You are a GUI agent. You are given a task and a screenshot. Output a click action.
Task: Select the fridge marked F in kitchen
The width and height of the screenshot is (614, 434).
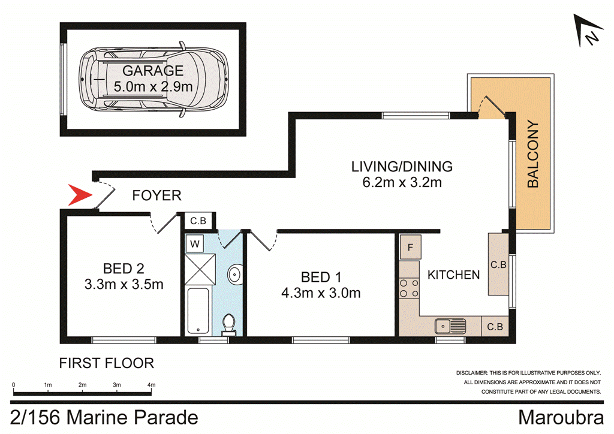tap(411, 247)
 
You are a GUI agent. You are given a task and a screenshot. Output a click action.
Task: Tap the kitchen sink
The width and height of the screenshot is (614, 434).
tap(450, 326)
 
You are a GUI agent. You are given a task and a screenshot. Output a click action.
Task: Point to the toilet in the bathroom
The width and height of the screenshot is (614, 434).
tap(228, 324)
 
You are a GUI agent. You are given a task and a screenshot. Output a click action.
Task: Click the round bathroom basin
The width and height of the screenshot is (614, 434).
tap(234, 275)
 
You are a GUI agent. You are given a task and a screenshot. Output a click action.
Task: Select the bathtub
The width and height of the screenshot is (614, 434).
tap(198, 311)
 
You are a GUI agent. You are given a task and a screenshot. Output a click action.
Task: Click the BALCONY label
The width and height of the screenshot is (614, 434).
tap(532, 155)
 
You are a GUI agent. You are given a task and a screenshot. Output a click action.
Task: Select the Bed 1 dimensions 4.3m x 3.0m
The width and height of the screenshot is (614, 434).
tap(321, 293)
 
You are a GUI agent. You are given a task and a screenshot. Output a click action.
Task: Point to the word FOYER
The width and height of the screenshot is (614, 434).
tap(156, 195)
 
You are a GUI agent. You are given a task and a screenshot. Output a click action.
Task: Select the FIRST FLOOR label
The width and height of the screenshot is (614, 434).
tap(106, 363)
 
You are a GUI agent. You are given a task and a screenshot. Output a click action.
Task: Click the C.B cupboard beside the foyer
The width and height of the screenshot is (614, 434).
tap(198, 221)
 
